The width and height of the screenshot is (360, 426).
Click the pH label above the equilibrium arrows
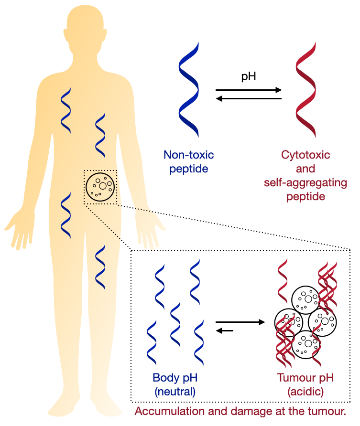[x=249, y=76]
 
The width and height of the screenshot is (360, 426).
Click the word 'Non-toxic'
[x=189, y=155]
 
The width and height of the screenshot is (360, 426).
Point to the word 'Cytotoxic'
[x=305, y=155]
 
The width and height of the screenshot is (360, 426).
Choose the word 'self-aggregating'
[x=305, y=182]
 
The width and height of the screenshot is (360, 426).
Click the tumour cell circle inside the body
[x=100, y=187]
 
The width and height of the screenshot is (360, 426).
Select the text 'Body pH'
[x=175, y=378]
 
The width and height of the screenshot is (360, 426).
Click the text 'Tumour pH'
[x=305, y=378]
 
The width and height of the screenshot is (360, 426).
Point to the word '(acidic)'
[x=305, y=392]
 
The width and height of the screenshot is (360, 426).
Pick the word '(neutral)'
[x=175, y=392]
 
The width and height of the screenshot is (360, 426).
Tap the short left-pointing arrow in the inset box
[x=225, y=331]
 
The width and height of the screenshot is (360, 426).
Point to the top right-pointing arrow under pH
[x=249, y=90]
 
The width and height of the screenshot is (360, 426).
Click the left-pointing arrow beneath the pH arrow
[x=249, y=99]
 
